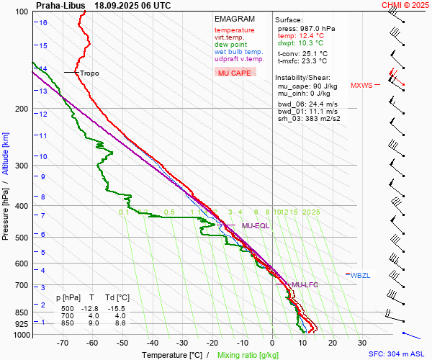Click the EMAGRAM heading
pyautogui.click(x=235, y=19)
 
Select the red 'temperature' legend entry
pyautogui.click(x=234, y=30)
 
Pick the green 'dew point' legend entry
pyautogui.click(x=230, y=45)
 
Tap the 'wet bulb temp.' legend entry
pyautogui.click(x=238, y=52)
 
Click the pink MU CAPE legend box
pyautogui.click(x=235, y=73)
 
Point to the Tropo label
pyautogui.click(x=89, y=73)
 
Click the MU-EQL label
pyautogui.click(x=256, y=226)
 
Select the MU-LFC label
pyautogui.click(x=305, y=285)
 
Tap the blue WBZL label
pyautogui.click(x=359, y=275)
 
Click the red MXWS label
pyautogui.click(x=361, y=86)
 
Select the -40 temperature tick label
pyautogui.click(x=152, y=343)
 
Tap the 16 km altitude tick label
pyautogui.click(x=44, y=22)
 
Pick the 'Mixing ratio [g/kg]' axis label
pyautogui.click(x=249, y=355)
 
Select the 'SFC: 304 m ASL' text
pyautogui.click(x=398, y=354)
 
